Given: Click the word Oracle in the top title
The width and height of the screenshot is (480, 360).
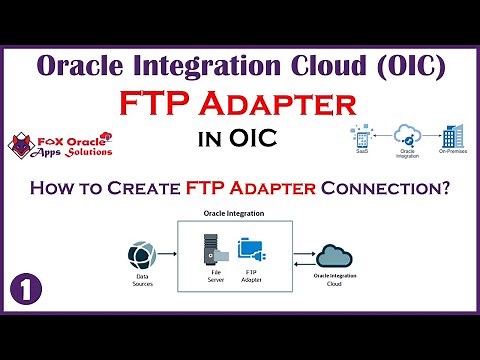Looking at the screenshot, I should pos(82,66).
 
